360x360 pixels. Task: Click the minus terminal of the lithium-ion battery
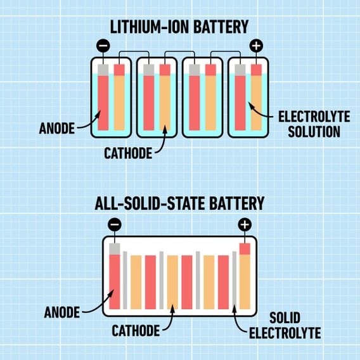coord(103,46)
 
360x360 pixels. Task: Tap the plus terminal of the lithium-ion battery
coord(256,46)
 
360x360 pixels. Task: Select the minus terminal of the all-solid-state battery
coord(115,224)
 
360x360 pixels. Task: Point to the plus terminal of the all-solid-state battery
coord(245,224)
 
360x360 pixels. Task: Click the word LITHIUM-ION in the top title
coord(150,27)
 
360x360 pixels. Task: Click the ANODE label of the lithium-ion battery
coord(57,128)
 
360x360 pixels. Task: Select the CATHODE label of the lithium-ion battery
coord(128,153)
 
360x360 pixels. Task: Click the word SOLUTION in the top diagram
coord(314,132)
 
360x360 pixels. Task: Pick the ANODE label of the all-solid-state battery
coord(62,312)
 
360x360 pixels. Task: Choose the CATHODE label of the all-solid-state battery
coord(136,331)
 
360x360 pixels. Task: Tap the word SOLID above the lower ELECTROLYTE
coord(285,318)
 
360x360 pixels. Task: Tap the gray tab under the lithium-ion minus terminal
coord(103,70)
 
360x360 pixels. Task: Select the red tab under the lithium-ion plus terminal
coord(256,70)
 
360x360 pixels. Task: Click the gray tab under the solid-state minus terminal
coord(115,249)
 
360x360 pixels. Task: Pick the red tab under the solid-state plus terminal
coord(245,249)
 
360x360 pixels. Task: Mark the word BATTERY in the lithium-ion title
coord(221,27)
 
